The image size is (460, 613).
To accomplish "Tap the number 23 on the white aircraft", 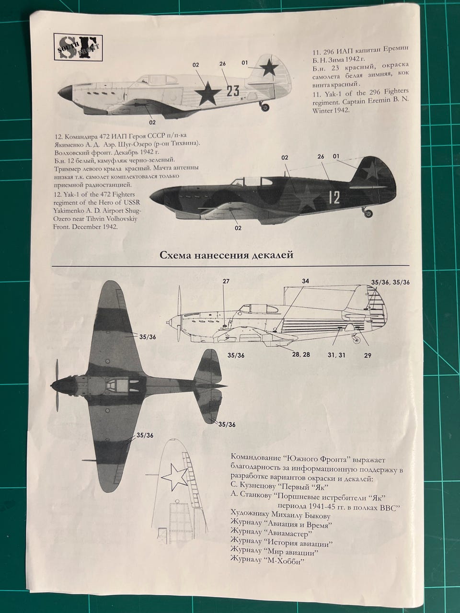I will [x=232, y=91].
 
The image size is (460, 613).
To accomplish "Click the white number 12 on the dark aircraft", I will [x=334, y=197].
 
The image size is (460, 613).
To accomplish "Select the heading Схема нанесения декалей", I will [x=226, y=255].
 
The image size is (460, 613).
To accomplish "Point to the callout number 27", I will [x=226, y=282].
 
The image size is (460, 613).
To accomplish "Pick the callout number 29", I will [x=368, y=355].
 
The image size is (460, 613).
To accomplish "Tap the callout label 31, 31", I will [x=336, y=355].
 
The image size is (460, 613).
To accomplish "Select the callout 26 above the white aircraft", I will [x=222, y=64].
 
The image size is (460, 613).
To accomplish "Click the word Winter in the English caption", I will [x=324, y=110].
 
